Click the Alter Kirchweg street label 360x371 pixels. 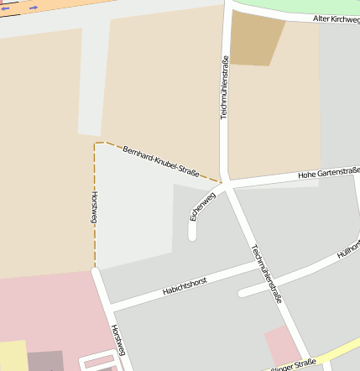pyautogui.click(x=335, y=18)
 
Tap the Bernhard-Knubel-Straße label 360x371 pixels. pyautogui.click(x=160, y=162)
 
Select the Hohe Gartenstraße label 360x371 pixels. pyautogui.click(x=328, y=175)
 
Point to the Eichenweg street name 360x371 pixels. pyautogui.click(x=202, y=206)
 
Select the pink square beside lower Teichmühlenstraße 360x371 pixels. pyautogui.click(x=281, y=345)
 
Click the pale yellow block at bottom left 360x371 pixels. pyautogui.click(x=13, y=356)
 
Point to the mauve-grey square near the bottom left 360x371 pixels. pyautogui.click(x=44, y=361)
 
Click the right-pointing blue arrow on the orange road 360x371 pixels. pyautogui.click(x=34, y=8)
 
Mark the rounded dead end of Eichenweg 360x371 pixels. pyautogui.click(x=192, y=236)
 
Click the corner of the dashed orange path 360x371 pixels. pyautogui.click(x=95, y=144)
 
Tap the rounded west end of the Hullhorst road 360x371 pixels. pyautogui.click(x=242, y=294)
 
